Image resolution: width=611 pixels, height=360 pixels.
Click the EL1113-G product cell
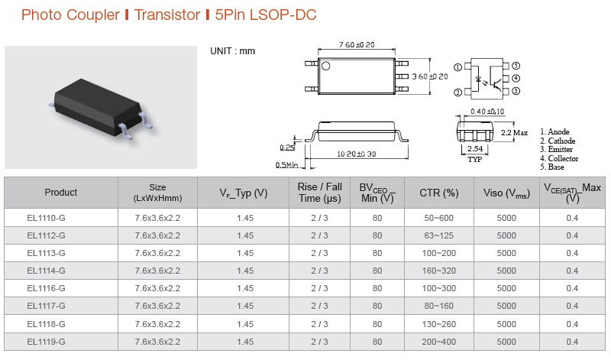click(46, 253)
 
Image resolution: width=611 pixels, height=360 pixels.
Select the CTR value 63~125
click(438, 235)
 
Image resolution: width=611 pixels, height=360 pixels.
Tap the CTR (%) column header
click(438, 193)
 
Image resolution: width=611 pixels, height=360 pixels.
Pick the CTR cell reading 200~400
click(438, 342)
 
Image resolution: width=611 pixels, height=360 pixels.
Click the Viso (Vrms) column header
click(506, 193)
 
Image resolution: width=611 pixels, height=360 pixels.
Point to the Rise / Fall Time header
click(320, 193)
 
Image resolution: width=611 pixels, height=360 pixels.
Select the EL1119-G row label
click(46, 342)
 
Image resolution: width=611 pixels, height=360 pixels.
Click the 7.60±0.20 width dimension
click(357, 45)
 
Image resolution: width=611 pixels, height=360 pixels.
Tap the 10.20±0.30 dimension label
click(357, 154)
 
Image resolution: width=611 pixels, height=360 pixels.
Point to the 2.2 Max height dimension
click(514, 132)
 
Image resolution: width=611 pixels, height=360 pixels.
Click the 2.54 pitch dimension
click(475, 148)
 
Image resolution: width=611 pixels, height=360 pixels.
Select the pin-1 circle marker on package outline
click(326, 66)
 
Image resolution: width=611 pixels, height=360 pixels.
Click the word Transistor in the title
click(167, 15)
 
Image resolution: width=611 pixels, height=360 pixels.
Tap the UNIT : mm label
click(233, 51)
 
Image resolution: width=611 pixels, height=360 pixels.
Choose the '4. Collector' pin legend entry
click(559, 158)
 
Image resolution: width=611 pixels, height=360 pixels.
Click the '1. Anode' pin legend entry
click(554, 131)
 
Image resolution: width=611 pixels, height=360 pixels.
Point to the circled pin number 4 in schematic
click(516, 79)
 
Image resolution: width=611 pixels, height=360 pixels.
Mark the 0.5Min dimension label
click(287, 165)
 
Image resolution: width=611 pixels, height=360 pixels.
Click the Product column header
click(61, 193)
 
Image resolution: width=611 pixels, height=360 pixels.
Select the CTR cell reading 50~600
click(438, 218)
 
